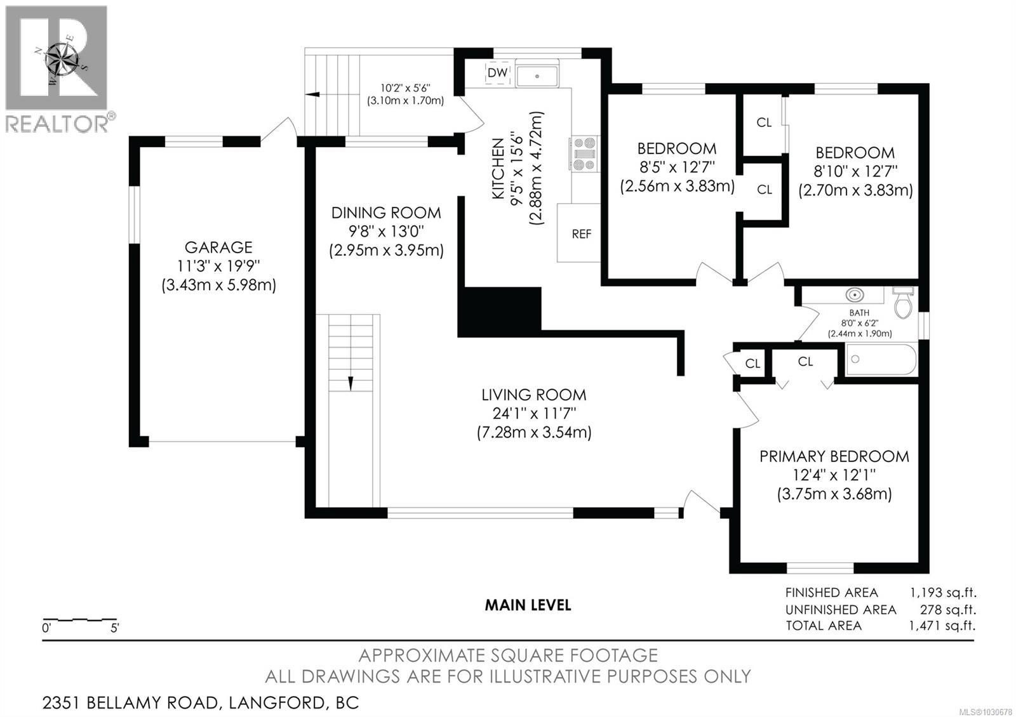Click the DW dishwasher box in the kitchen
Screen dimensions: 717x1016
[x=498, y=72]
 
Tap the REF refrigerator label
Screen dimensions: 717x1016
[x=581, y=234]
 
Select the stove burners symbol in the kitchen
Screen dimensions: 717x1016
[x=585, y=154]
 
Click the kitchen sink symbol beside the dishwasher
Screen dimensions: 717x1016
[x=537, y=76]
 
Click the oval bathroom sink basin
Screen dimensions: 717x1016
[x=855, y=295]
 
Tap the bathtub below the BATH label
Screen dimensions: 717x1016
[x=881, y=360]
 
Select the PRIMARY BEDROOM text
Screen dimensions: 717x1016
[x=834, y=456]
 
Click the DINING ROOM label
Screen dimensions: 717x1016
[x=386, y=213]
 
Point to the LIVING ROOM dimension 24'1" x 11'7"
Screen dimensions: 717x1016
[x=534, y=414]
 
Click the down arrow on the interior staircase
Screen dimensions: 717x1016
[x=350, y=383]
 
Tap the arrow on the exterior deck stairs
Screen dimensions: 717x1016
[x=312, y=95]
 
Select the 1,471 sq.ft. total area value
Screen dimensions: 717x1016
[x=943, y=626]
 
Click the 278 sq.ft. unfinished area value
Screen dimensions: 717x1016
[x=947, y=610]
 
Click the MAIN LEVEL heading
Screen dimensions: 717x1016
[x=528, y=605]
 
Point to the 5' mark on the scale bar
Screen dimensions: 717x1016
[x=115, y=629]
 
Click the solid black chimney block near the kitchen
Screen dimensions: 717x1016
[x=499, y=311]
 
